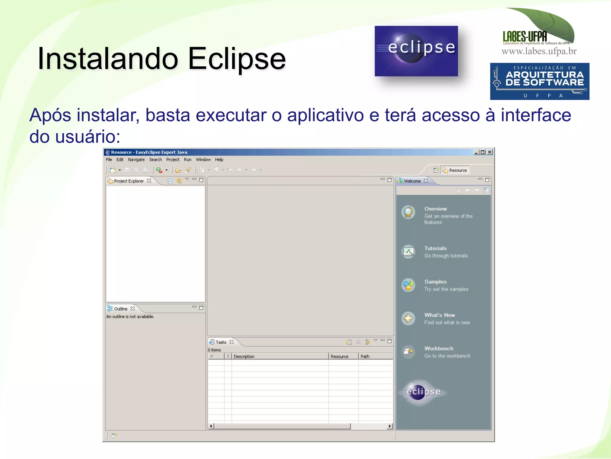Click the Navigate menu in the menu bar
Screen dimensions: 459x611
pos(136,160)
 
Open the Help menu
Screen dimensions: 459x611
pos(219,160)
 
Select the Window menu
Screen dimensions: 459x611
pos(203,160)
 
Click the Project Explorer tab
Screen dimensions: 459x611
pos(129,181)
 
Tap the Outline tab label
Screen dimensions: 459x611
pos(121,309)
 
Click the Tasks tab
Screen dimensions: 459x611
pos(221,342)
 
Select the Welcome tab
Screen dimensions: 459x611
pos(412,181)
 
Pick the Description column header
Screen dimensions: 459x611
pos(244,357)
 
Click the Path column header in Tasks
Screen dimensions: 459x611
pos(365,357)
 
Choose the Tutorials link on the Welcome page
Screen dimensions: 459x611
pos(435,248)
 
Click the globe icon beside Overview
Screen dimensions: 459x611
pos(408,212)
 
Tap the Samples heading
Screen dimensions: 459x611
pos(435,282)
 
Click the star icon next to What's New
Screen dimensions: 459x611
pos(408,318)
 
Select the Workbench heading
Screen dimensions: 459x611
pos(439,349)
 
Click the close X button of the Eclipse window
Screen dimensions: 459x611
pos(490,152)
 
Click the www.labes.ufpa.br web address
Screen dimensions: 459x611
pos(539,51)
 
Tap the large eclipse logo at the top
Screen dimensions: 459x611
pos(416,51)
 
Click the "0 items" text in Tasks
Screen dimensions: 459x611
pos(215,350)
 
